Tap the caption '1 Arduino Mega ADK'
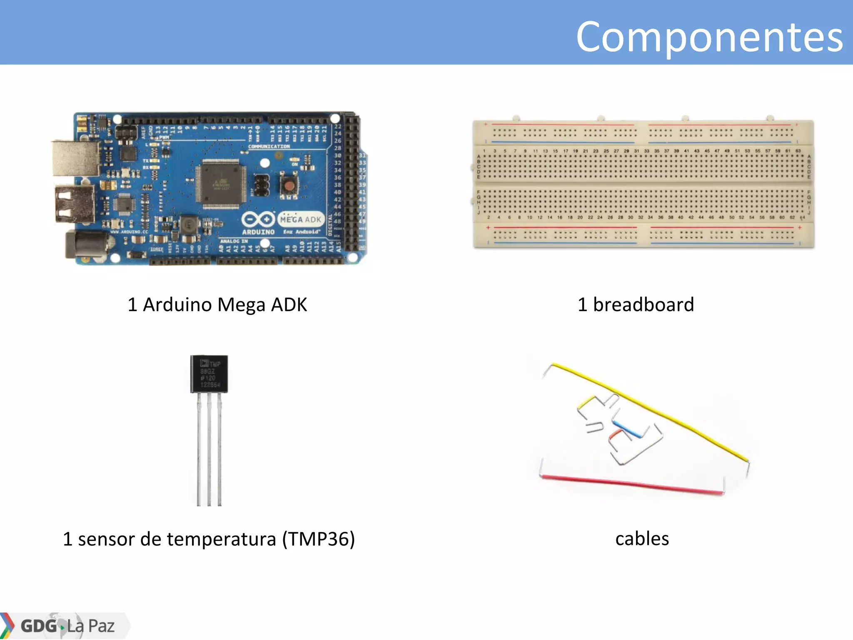pyautogui.click(x=217, y=305)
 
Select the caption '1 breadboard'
pyautogui.click(x=636, y=305)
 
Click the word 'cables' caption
pyautogui.click(x=642, y=538)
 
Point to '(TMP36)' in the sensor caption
pyautogui.click(x=318, y=539)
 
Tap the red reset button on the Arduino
pyautogui.click(x=289, y=185)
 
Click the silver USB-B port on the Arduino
pyautogui.click(x=75, y=158)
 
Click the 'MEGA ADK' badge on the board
pyautogui.click(x=301, y=219)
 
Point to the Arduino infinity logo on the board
pyautogui.click(x=258, y=219)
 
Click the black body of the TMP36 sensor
pyautogui.click(x=209, y=374)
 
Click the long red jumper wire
pyautogui.click(x=631, y=483)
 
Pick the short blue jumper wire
pyautogui.click(x=627, y=429)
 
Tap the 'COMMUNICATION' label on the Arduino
pyautogui.click(x=269, y=147)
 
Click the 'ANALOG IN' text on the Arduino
pyautogui.click(x=234, y=241)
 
